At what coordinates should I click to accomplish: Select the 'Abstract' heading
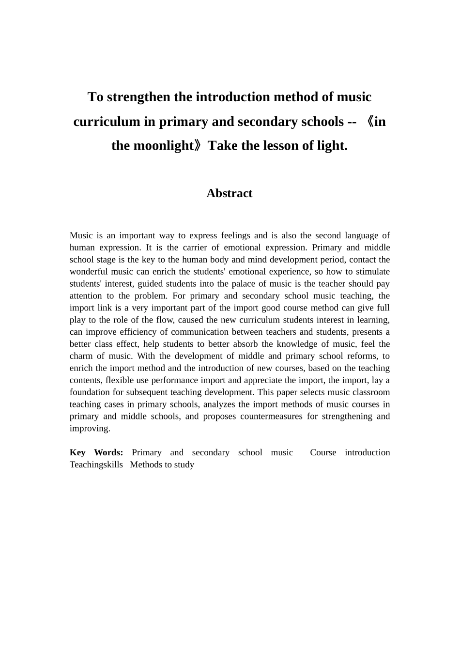pyautogui.click(x=229, y=193)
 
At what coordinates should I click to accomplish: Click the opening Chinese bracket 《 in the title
pyautogui.click(x=368, y=122)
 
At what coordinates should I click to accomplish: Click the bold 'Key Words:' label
pyautogui.click(x=96, y=452)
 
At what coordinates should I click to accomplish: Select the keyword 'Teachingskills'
pyautogui.click(x=96, y=465)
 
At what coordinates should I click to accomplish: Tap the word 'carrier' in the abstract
pyautogui.click(x=197, y=248)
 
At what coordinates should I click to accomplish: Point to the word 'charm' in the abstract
pyautogui.click(x=80, y=356)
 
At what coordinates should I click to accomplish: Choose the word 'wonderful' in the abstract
pyautogui.click(x=89, y=272)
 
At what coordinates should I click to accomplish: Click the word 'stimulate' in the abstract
pyautogui.click(x=372, y=272)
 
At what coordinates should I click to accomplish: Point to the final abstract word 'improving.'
pyautogui.click(x=90, y=429)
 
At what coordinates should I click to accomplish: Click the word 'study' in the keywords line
pyautogui.click(x=184, y=465)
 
